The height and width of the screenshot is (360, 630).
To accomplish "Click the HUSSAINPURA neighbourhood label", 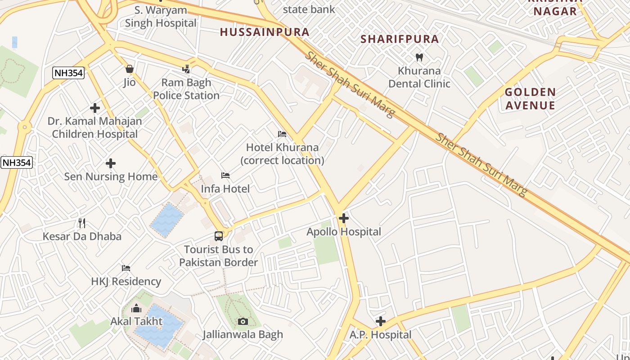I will tap(265, 32).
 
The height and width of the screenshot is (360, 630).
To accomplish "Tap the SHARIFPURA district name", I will tap(400, 39).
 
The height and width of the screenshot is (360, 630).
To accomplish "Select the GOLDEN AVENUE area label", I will tap(530, 99).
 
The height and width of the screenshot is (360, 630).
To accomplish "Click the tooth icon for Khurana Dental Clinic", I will tap(419, 58).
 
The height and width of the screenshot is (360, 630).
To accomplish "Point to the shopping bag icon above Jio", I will tap(130, 69).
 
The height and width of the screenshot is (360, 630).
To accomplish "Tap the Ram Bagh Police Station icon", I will tap(186, 69).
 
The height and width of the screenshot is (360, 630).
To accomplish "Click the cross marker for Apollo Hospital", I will tap(344, 219).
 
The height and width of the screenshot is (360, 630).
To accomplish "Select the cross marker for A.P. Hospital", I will tap(381, 321).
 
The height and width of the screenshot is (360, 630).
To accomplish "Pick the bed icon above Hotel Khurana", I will tap(282, 134).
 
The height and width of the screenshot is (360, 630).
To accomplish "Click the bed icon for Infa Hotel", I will tap(225, 175).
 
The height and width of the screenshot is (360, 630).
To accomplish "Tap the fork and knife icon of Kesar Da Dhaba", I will tap(82, 223).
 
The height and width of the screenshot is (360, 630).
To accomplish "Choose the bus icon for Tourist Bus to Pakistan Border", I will tap(219, 236).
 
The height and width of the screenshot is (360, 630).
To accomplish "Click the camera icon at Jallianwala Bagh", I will tap(243, 321).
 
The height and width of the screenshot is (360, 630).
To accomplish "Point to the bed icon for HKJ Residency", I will tap(126, 268).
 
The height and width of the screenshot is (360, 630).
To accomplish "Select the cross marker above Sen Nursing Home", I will tap(111, 163).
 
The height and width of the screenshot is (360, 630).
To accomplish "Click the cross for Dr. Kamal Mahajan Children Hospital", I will tap(95, 108).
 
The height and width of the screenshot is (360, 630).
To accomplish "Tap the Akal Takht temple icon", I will tap(136, 308).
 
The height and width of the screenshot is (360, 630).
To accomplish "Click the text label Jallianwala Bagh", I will tap(243, 334).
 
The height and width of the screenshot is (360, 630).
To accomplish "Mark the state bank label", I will tap(309, 9).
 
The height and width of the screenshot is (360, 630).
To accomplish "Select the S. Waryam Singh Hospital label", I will tap(161, 17).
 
